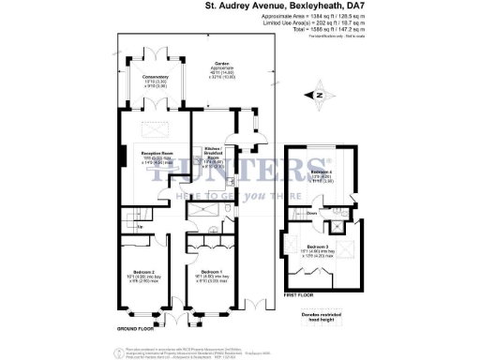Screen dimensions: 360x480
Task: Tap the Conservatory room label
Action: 155,77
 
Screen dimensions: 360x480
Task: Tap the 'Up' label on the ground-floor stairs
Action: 140,227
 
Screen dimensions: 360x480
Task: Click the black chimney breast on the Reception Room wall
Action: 120,157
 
